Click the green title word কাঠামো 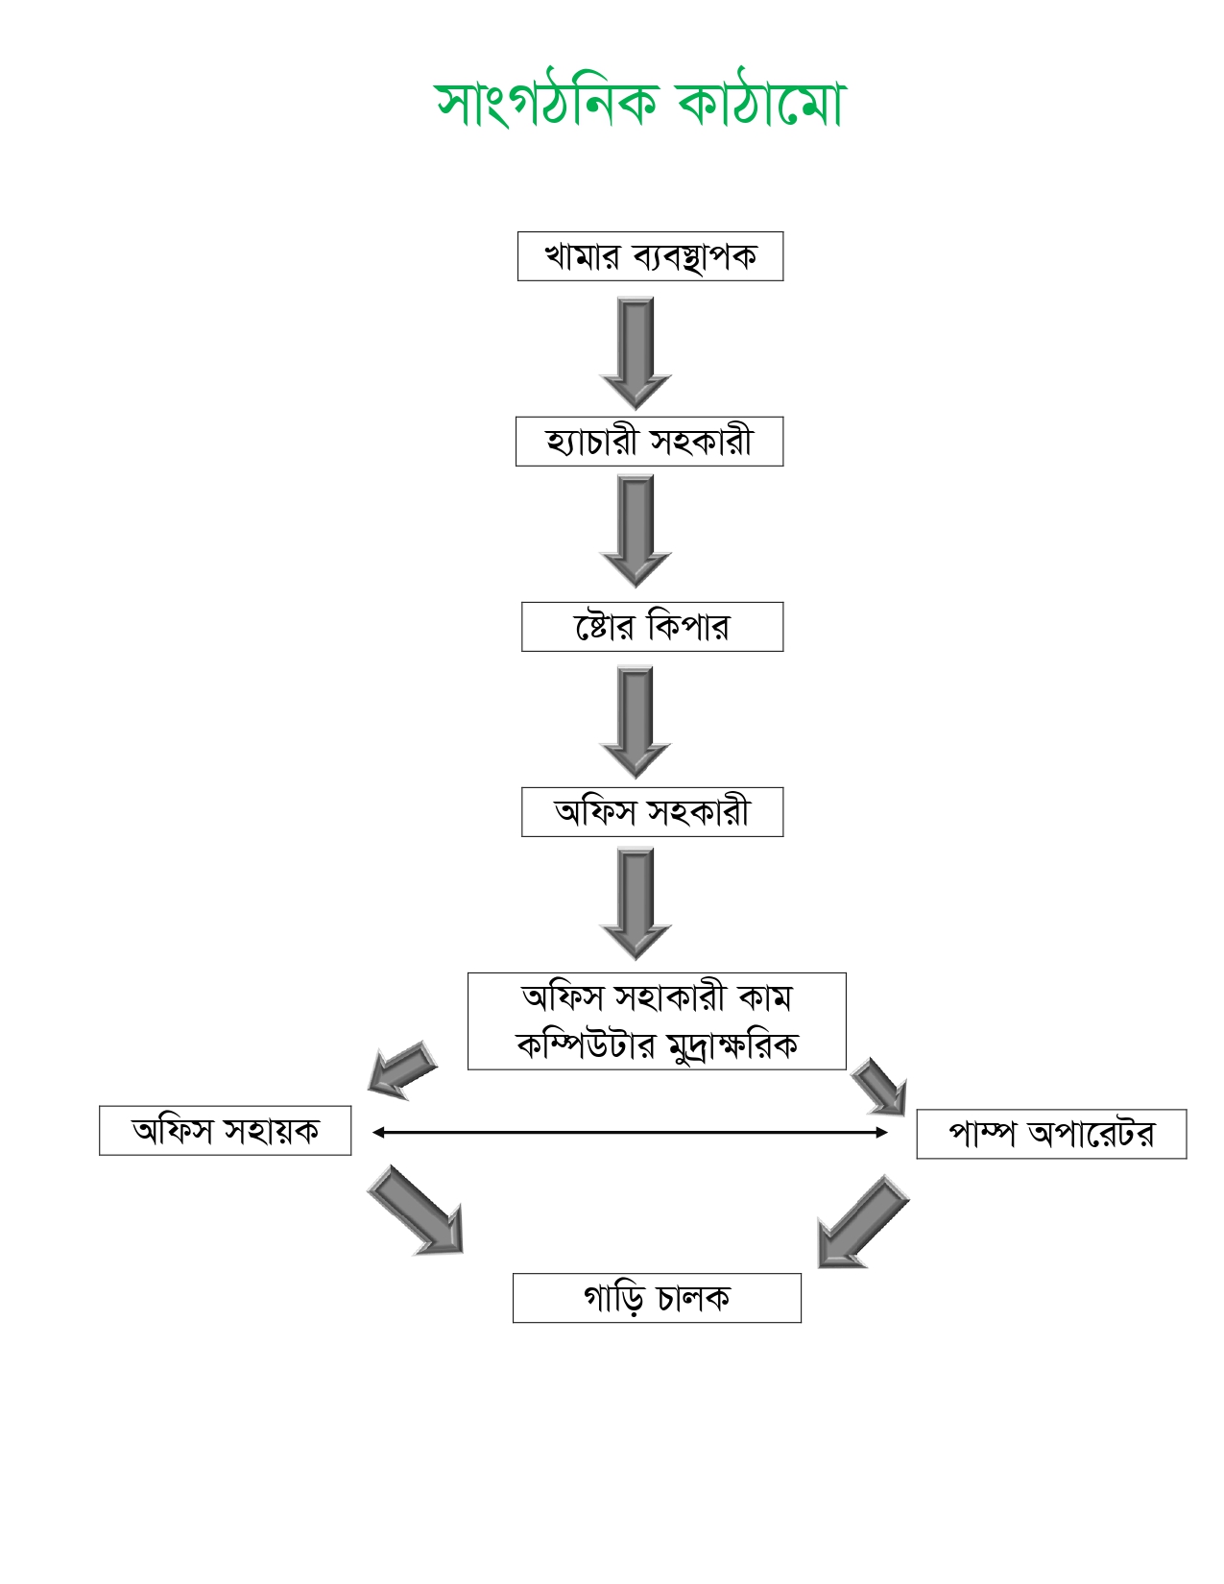(x=760, y=102)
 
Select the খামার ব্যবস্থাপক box (x=650, y=256)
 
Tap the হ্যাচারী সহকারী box (x=649, y=442)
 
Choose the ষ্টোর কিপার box (x=652, y=627)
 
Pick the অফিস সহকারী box (x=652, y=812)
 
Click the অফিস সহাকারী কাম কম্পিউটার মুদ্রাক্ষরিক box (x=657, y=1020)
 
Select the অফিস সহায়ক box (x=225, y=1131)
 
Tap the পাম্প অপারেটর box (x=1051, y=1134)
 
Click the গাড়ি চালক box (x=657, y=1298)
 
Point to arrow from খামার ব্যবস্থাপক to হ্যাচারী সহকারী (x=636, y=351)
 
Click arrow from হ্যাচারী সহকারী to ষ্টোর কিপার (x=636, y=530)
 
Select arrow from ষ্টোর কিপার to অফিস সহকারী (x=636, y=721)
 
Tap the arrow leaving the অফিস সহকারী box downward (x=636, y=902)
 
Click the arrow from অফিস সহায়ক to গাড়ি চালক (x=418, y=1210)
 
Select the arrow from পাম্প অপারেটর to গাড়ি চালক (x=861, y=1222)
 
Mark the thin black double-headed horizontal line (x=630, y=1133)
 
